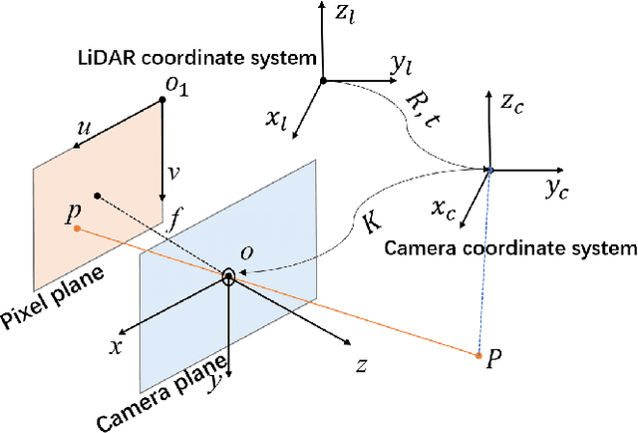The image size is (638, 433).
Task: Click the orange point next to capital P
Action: (x=479, y=355)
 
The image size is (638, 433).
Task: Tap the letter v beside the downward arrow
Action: (x=174, y=172)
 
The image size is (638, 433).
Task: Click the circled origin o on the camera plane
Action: (x=229, y=276)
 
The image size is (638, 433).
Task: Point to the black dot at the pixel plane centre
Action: (x=98, y=195)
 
